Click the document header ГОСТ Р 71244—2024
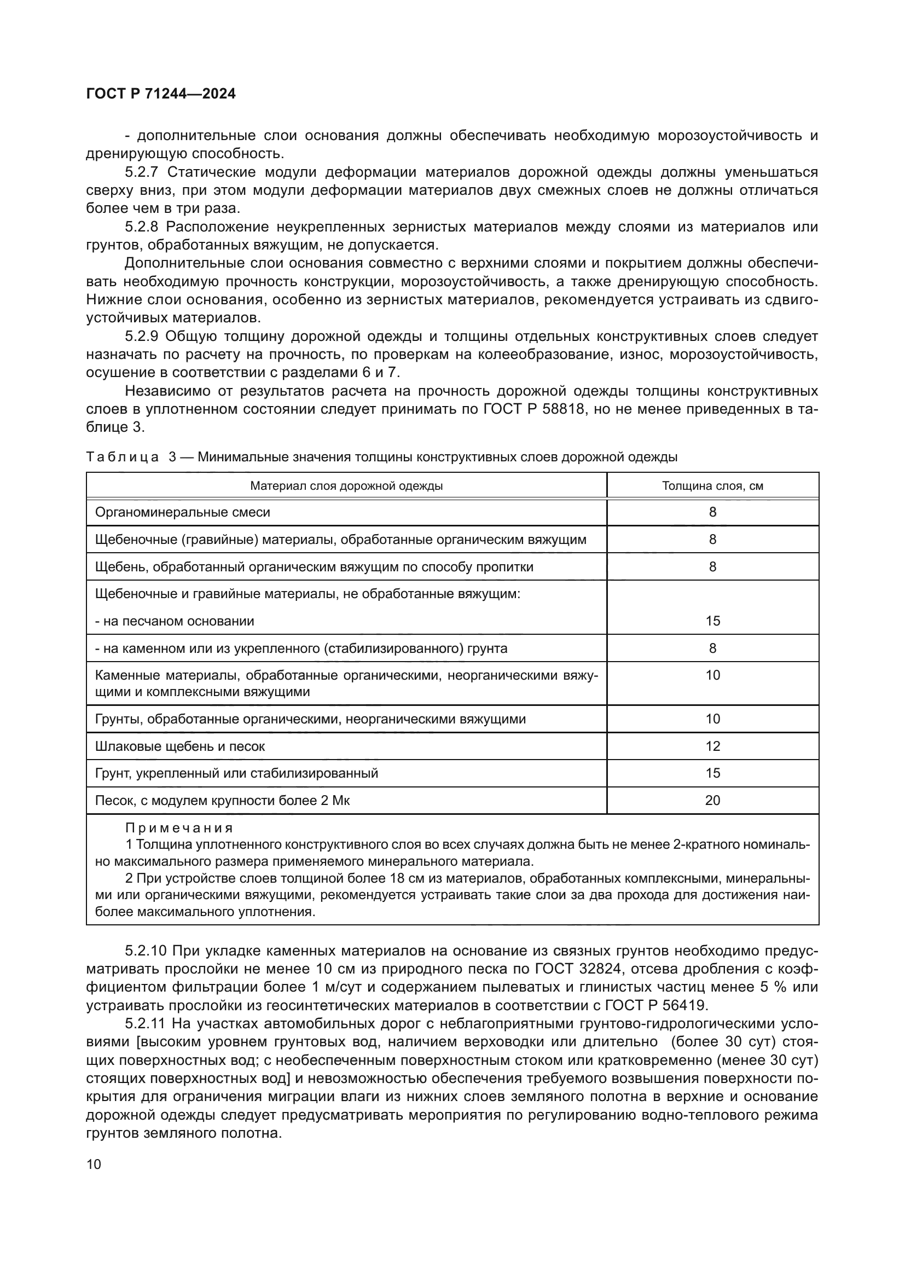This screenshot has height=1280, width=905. click(x=160, y=94)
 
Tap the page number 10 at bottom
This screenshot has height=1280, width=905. click(x=94, y=1164)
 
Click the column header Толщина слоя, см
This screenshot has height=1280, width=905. click(x=712, y=485)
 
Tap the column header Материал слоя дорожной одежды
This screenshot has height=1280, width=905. click(x=346, y=485)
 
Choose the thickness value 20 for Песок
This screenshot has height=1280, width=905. click(x=712, y=801)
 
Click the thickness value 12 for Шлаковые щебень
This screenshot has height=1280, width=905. click(x=712, y=746)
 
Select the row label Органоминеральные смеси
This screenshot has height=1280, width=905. click(x=182, y=512)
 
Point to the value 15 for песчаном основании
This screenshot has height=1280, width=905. click(x=712, y=621)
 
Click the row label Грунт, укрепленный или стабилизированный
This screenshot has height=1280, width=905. click(x=236, y=773)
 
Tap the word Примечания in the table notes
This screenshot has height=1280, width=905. click(x=179, y=827)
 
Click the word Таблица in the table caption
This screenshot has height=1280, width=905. click(x=123, y=457)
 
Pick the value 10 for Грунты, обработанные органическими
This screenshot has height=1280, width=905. click(x=712, y=719)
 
